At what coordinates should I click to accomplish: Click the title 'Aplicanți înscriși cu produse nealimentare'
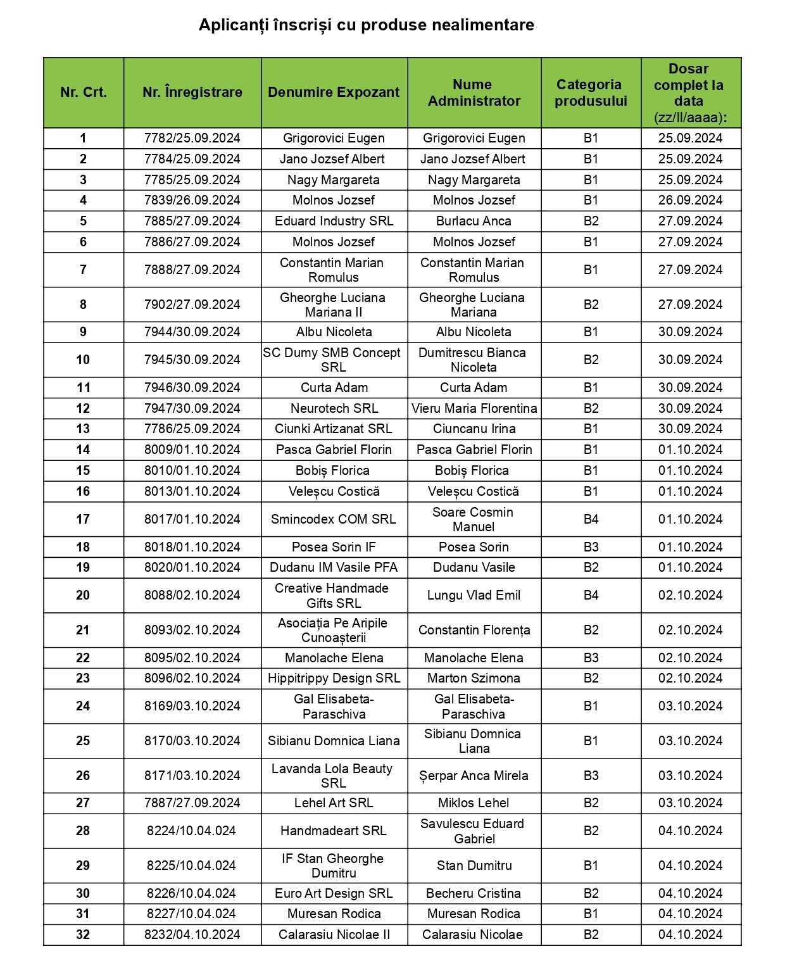(366, 25)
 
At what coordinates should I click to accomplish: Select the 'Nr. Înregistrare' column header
(192, 92)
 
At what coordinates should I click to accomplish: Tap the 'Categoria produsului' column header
(590, 92)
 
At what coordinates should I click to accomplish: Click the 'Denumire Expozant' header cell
(334, 92)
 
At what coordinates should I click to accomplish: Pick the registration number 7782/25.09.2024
(192, 138)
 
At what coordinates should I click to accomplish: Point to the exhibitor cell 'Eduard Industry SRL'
(334, 221)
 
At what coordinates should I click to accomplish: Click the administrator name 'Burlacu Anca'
(474, 221)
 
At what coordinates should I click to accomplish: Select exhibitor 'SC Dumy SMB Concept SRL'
(333, 360)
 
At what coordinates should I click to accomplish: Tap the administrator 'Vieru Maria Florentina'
(474, 408)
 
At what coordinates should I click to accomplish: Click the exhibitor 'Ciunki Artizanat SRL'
(334, 429)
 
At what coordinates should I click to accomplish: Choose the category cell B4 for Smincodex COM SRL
(591, 519)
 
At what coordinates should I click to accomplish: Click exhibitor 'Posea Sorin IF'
(334, 547)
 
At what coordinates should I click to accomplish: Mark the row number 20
(83, 595)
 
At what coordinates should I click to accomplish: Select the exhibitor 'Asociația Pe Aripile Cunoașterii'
(333, 630)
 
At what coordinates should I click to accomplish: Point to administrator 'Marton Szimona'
(474, 678)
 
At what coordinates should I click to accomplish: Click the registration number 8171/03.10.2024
(192, 776)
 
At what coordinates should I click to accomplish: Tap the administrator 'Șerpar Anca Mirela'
(474, 776)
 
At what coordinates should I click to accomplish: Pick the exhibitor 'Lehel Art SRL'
(334, 803)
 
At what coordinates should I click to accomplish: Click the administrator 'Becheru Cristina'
(474, 893)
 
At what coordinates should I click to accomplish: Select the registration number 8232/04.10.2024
(192, 935)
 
